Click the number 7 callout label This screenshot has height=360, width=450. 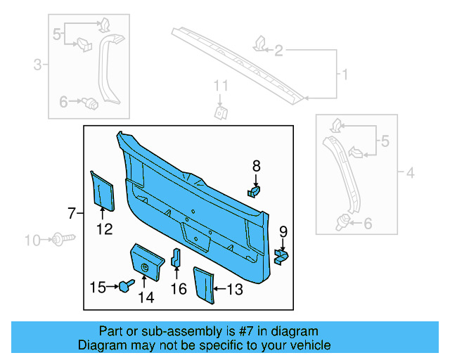click(x=71, y=212)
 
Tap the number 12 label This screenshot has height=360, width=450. click(x=104, y=228)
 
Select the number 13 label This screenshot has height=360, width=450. click(x=235, y=288)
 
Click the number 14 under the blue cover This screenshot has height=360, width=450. click(x=146, y=297)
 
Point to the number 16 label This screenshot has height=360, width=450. click(x=178, y=288)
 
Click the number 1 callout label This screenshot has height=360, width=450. click(x=345, y=74)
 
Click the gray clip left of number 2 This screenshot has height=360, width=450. click(x=259, y=45)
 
